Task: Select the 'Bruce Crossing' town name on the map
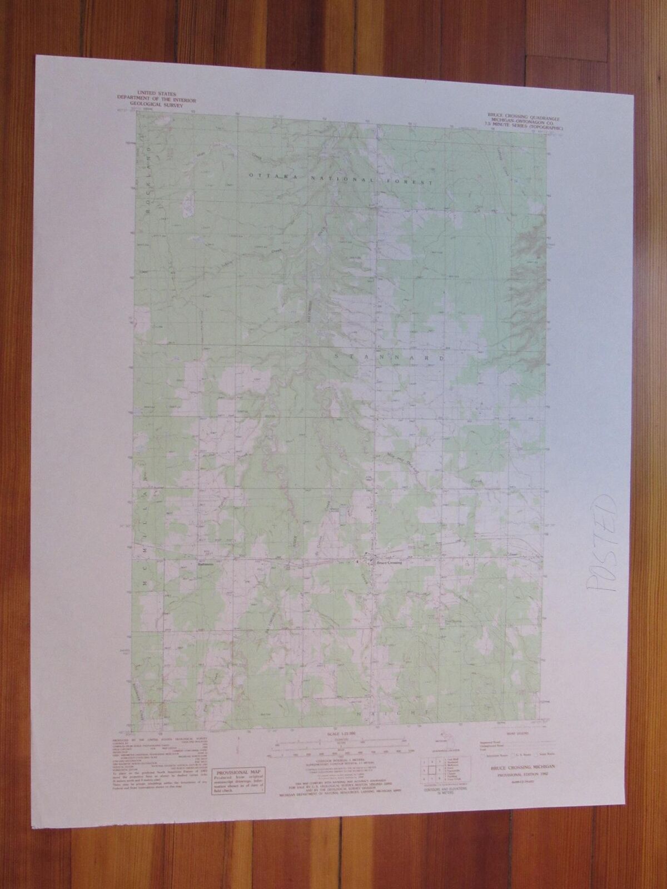point(389,562)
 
